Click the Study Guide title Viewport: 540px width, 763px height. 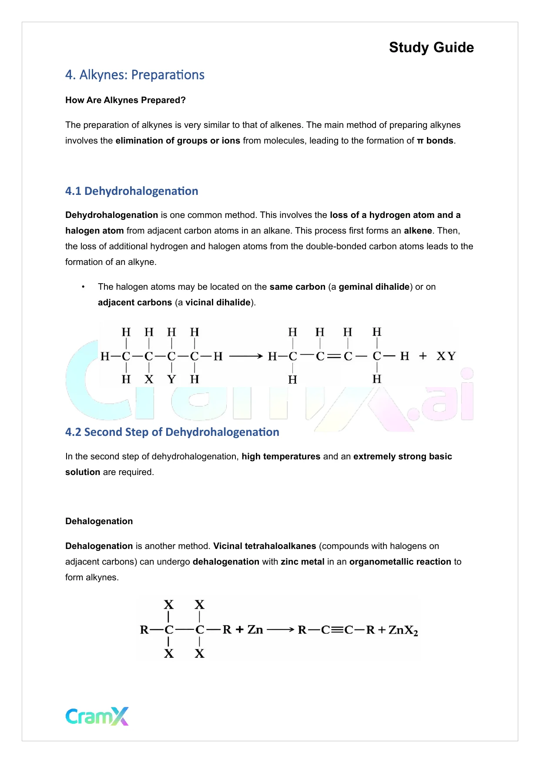[x=431, y=47]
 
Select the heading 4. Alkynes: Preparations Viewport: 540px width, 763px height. [x=134, y=75]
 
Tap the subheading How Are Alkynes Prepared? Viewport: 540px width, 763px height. [x=125, y=100]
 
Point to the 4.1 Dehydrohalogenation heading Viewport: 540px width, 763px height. [x=131, y=191]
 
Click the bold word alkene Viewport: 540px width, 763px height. [x=418, y=231]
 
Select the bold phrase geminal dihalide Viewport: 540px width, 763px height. [x=374, y=287]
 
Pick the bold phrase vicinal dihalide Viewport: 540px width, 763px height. [x=218, y=302]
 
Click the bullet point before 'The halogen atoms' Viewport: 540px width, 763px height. [x=83, y=287]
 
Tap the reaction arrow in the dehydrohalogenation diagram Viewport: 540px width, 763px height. [x=246, y=356]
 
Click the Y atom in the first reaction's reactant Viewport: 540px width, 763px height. [x=171, y=379]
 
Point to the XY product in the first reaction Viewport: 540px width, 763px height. [x=446, y=356]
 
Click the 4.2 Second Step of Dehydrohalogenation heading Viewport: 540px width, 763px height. [x=172, y=432]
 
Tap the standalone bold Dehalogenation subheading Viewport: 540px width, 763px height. [x=99, y=521]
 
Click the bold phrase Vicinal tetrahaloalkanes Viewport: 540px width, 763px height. [x=265, y=546]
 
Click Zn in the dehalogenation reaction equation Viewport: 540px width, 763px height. [x=255, y=630]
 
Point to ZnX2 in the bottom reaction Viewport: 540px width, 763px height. [x=403, y=630]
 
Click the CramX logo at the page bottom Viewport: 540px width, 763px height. [x=97, y=716]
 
